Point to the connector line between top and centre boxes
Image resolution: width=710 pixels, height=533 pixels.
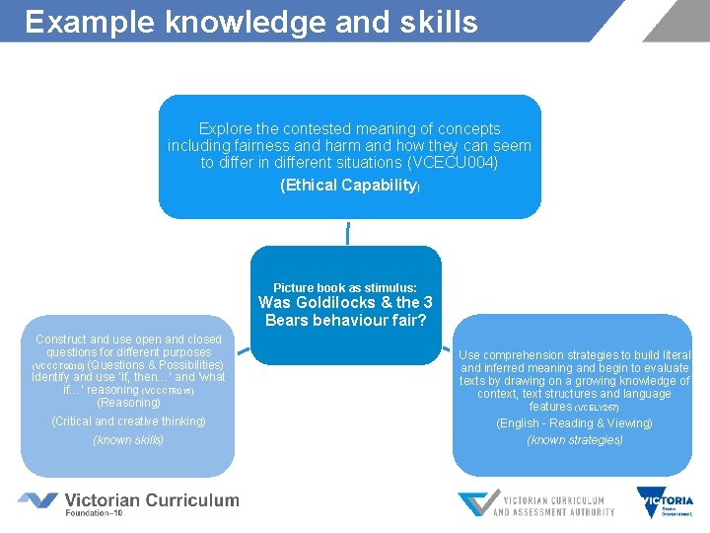click(x=347, y=232)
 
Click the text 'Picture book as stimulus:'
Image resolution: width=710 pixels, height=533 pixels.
click(x=345, y=288)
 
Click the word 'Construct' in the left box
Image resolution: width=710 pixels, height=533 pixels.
click(x=61, y=340)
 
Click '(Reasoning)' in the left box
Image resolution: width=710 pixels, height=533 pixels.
click(x=128, y=403)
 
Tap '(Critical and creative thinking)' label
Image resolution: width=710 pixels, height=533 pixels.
click(x=128, y=421)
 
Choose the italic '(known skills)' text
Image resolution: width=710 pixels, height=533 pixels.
click(x=128, y=440)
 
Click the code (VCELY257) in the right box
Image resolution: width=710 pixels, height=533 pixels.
click(x=599, y=408)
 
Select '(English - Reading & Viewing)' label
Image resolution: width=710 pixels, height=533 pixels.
click(x=574, y=423)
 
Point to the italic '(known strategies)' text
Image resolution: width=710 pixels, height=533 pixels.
click(x=574, y=440)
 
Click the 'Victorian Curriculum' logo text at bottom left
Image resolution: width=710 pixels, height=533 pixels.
click(x=152, y=499)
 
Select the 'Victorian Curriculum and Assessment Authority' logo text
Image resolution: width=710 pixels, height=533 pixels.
click(x=553, y=505)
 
